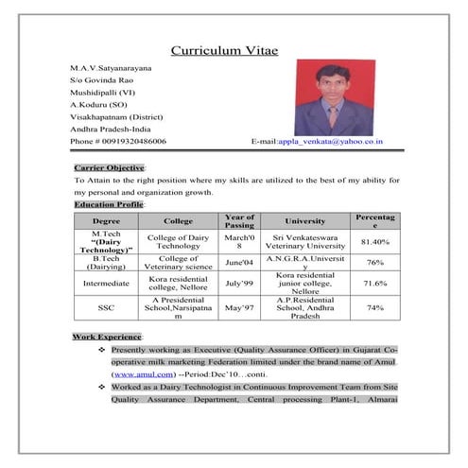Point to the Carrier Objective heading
click(x=108, y=166)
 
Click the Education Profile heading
click(x=108, y=204)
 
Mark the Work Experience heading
click(x=107, y=338)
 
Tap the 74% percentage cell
click(x=375, y=307)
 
